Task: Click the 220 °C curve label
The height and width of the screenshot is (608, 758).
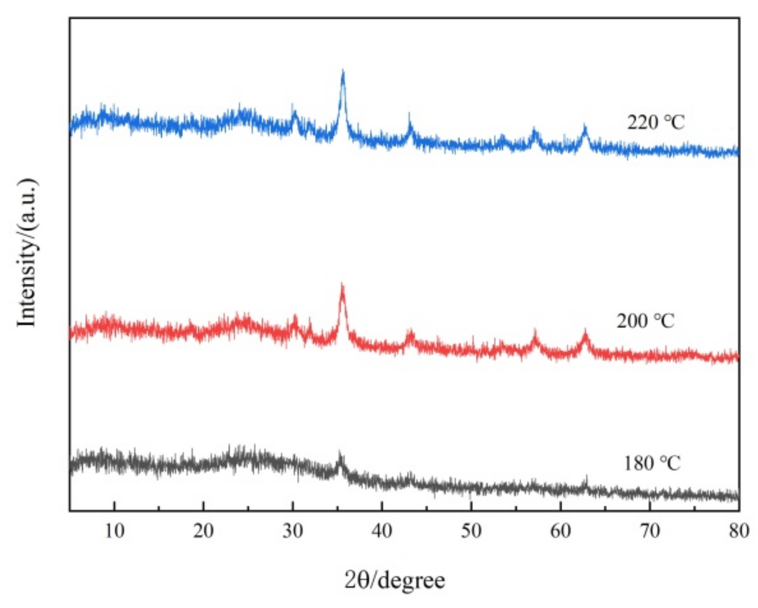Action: (656, 122)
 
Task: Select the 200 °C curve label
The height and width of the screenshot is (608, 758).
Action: (645, 321)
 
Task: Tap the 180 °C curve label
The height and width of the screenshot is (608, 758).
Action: (652, 463)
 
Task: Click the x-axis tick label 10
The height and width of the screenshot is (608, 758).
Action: (114, 531)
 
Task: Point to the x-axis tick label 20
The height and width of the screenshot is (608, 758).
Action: (203, 531)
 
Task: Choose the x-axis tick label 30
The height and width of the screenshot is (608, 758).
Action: (293, 531)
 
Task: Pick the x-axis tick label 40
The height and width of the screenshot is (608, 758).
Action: (382, 531)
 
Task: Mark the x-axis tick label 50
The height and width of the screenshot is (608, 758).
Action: (471, 531)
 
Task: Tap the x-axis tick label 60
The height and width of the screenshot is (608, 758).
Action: (561, 531)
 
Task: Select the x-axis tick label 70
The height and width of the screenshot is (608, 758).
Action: (650, 531)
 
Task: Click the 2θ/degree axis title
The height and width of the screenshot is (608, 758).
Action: (394, 580)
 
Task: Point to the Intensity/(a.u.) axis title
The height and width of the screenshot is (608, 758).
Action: (27, 252)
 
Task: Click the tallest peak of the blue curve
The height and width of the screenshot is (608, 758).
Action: (342, 72)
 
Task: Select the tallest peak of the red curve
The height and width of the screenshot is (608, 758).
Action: (342, 285)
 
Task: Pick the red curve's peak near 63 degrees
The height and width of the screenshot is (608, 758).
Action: (585, 332)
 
